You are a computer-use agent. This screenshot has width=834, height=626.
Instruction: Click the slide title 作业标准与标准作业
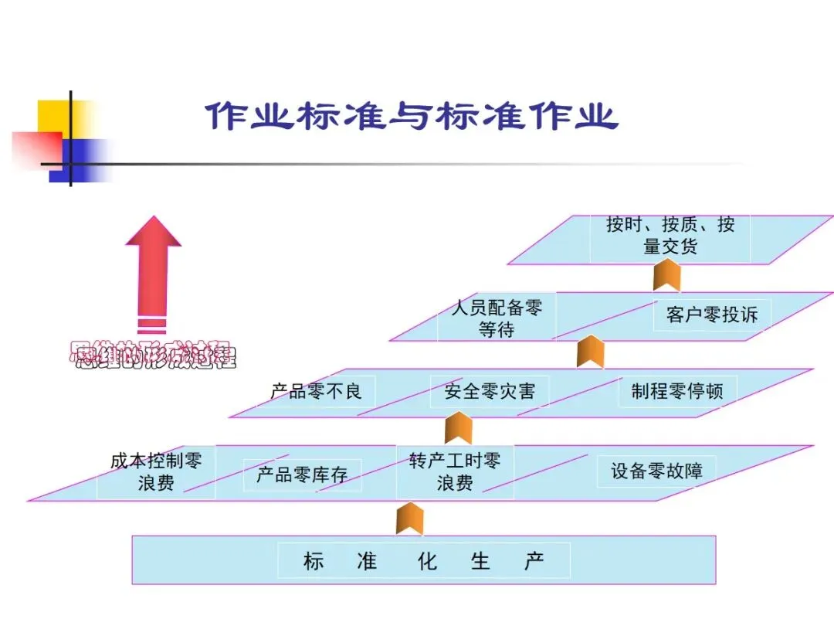point(412,117)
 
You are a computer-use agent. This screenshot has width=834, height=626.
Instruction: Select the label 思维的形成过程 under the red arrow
point(153,356)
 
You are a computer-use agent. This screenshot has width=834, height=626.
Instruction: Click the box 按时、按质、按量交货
point(670,236)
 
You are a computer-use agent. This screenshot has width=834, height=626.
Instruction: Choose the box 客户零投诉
point(711,315)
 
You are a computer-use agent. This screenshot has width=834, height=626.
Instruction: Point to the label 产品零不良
point(316,391)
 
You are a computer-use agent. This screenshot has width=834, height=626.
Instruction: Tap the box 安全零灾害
point(489,391)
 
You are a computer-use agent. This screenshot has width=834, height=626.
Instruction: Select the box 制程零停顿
point(677,391)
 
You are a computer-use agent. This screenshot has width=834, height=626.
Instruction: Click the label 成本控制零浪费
point(156,472)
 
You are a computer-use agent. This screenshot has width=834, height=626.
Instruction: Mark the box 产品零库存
point(302,475)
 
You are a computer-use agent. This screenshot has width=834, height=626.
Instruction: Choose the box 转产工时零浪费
point(455,472)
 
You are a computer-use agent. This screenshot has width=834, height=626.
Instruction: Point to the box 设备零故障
point(656,471)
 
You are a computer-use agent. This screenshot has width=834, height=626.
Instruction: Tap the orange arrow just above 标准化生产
point(409,518)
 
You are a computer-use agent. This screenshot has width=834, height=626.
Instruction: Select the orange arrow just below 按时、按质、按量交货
point(666,276)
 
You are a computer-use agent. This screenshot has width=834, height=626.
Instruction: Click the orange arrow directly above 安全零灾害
point(591,352)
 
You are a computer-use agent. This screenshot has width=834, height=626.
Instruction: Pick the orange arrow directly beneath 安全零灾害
point(458,427)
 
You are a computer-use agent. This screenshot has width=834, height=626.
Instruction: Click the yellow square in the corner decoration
point(57,116)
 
